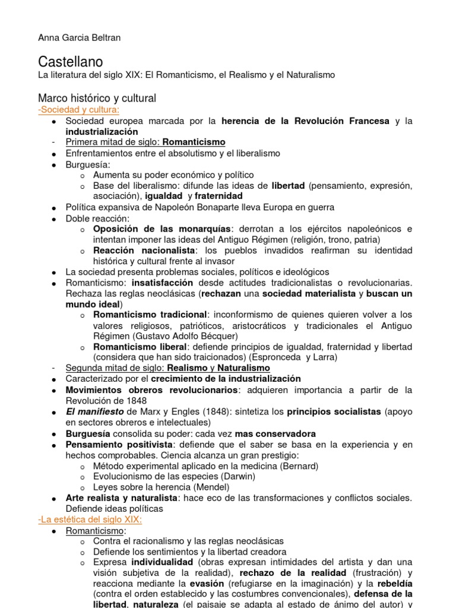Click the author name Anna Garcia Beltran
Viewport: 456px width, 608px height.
(80, 38)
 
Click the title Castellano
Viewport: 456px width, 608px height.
(70, 62)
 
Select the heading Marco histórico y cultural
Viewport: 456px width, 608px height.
(97, 98)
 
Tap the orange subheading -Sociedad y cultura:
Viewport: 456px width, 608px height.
(78, 110)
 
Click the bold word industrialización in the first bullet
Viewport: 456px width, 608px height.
(102, 131)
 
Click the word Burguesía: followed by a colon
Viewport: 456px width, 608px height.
(88, 164)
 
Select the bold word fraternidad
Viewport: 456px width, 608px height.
(218, 196)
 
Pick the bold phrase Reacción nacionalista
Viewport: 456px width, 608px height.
(144, 250)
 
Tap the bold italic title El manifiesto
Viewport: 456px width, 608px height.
(94, 411)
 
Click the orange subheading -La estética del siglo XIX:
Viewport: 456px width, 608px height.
(90, 519)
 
